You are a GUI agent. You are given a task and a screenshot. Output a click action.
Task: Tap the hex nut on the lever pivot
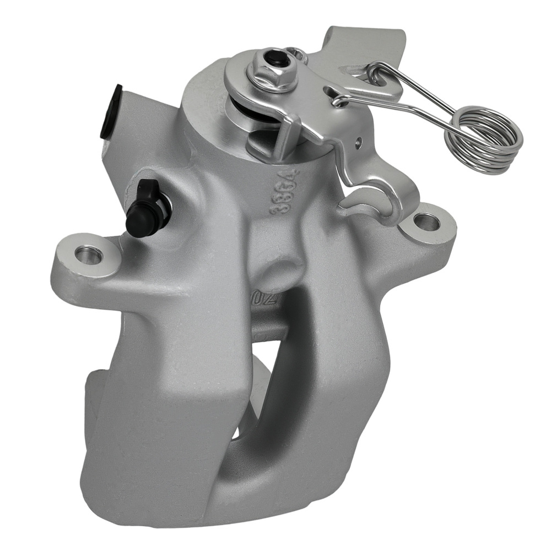tap(272, 72)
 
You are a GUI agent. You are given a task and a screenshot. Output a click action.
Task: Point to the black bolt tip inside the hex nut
tap(272, 58)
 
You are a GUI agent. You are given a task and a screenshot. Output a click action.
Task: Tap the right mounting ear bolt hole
tap(426, 223)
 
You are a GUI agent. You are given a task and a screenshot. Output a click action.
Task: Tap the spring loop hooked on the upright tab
tap(380, 74)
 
